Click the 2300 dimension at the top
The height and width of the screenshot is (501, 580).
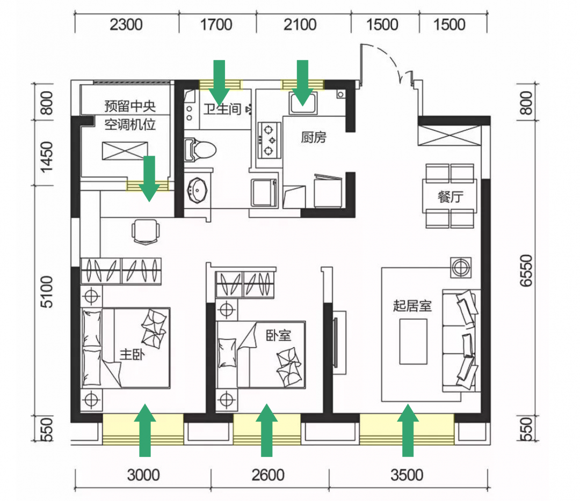(126, 25)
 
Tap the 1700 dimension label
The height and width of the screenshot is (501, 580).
(216, 25)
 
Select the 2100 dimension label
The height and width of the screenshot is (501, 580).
(300, 25)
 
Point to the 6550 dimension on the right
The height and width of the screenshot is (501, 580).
(526, 270)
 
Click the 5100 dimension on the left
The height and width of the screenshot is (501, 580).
(47, 291)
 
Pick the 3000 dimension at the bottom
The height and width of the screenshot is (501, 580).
(143, 475)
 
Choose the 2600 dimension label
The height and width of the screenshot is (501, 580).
(268, 475)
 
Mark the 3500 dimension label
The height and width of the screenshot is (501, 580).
(407, 475)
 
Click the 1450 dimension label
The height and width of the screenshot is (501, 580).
(47, 157)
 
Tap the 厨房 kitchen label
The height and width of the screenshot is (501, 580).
(314, 137)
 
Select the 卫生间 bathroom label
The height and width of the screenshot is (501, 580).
(222, 109)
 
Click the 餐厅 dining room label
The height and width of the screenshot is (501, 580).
(450, 196)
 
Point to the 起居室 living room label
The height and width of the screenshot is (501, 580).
(412, 306)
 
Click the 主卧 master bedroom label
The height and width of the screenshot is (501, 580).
(132, 355)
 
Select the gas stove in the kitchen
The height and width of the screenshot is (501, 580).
(269, 141)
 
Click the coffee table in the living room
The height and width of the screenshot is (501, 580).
(413, 342)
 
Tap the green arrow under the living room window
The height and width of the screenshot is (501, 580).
(408, 430)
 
